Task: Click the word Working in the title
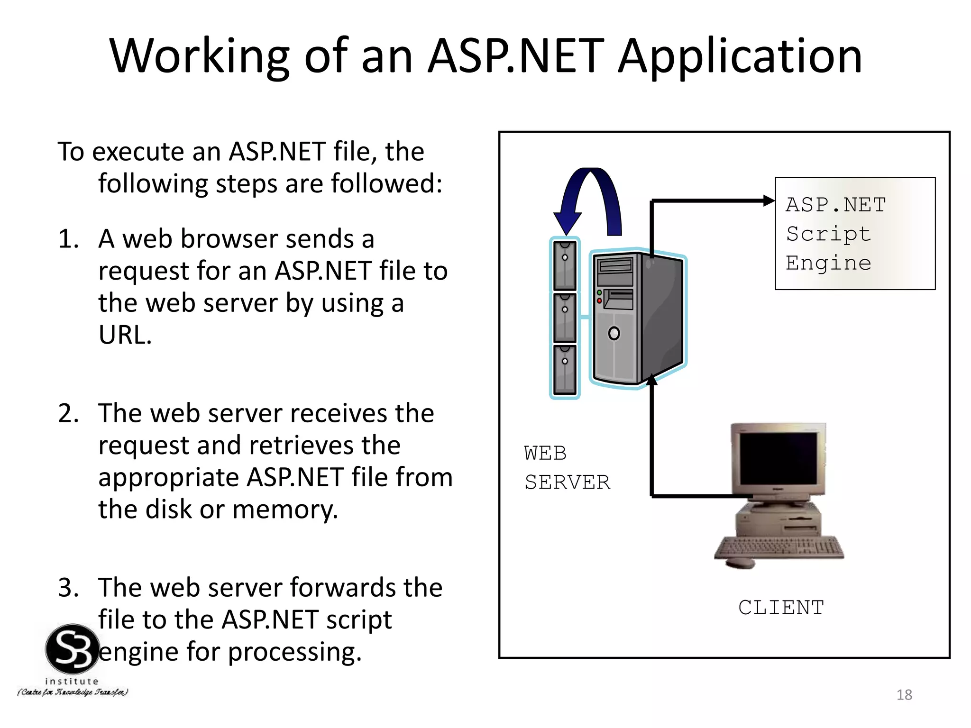[x=199, y=57]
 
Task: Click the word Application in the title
[x=740, y=57]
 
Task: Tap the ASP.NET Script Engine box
[x=855, y=234]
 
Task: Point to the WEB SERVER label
[x=567, y=468]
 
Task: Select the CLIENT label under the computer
[x=781, y=608]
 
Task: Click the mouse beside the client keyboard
[x=740, y=563]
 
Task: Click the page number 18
[x=904, y=695]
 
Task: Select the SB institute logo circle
[x=73, y=649]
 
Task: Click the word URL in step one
[x=124, y=335]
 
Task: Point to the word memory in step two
[x=284, y=510]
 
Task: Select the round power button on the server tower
[x=614, y=333]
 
